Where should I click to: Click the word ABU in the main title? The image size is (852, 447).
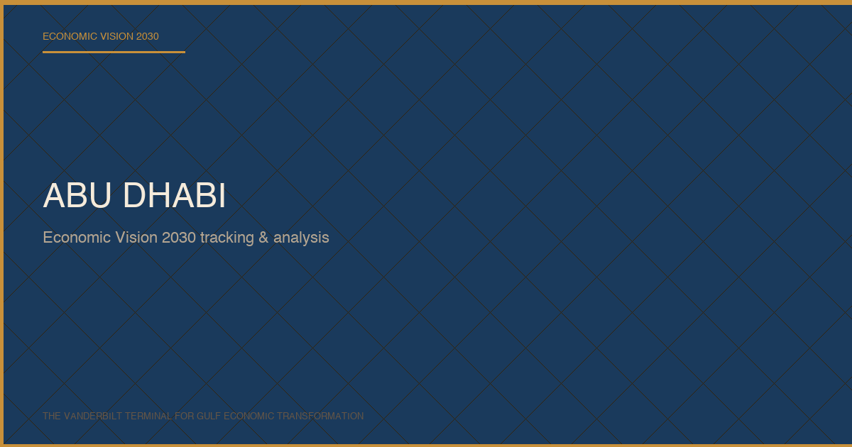(77, 195)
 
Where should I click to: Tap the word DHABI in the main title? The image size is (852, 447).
(175, 195)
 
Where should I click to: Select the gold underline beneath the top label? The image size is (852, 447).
(114, 52)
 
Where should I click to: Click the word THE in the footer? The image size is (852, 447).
(52, 416)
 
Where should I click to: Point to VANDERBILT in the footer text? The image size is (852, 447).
(93, 416)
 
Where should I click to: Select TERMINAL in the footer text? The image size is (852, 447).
(148, 416)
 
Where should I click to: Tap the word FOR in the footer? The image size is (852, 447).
(185, 416)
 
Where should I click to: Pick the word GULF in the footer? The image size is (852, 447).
(209, 416)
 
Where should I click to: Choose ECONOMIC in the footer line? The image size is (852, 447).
(248, 416)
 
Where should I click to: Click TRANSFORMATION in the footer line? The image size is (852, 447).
(320, 416)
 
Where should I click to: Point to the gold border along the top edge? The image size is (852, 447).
(426, 2)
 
